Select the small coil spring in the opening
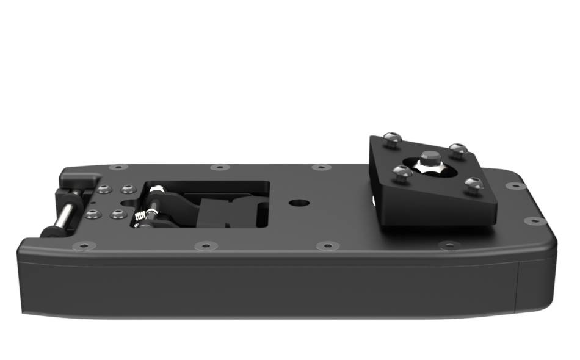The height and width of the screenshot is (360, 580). click(x=141, y=215)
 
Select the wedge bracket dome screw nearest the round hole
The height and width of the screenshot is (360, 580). click(x=401, y=173)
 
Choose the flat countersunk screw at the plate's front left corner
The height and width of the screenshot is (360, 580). click(x=81, y=247)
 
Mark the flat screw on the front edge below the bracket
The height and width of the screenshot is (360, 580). click(x=449, y=245)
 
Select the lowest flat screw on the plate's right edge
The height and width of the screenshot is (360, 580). click(x=535, y=221)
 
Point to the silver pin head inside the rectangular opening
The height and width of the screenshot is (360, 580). click(x=158, y=191)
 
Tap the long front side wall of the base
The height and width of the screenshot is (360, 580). click(x=269, y=290)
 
